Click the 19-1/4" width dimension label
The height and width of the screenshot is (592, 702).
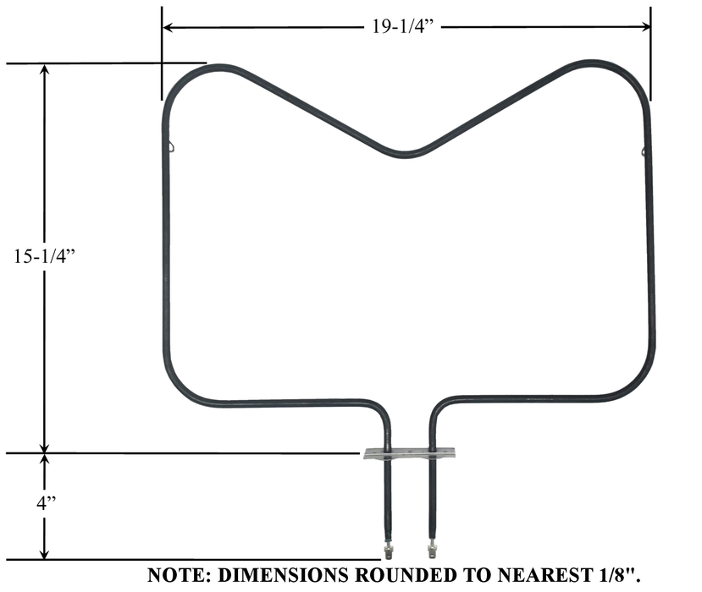coord(405,26)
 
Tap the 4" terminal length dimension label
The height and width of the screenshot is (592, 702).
coord(46,502)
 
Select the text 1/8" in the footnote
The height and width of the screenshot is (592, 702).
coord(622,575)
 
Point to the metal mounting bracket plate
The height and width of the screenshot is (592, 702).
coord(409,454)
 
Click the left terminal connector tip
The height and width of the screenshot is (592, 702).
coord(388,551)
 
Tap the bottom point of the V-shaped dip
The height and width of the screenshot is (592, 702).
coord(406,154)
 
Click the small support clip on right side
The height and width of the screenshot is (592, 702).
coord(644,151)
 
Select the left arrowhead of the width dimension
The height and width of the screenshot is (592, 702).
coord(168,27)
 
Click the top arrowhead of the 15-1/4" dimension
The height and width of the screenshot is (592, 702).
coord(46,70)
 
